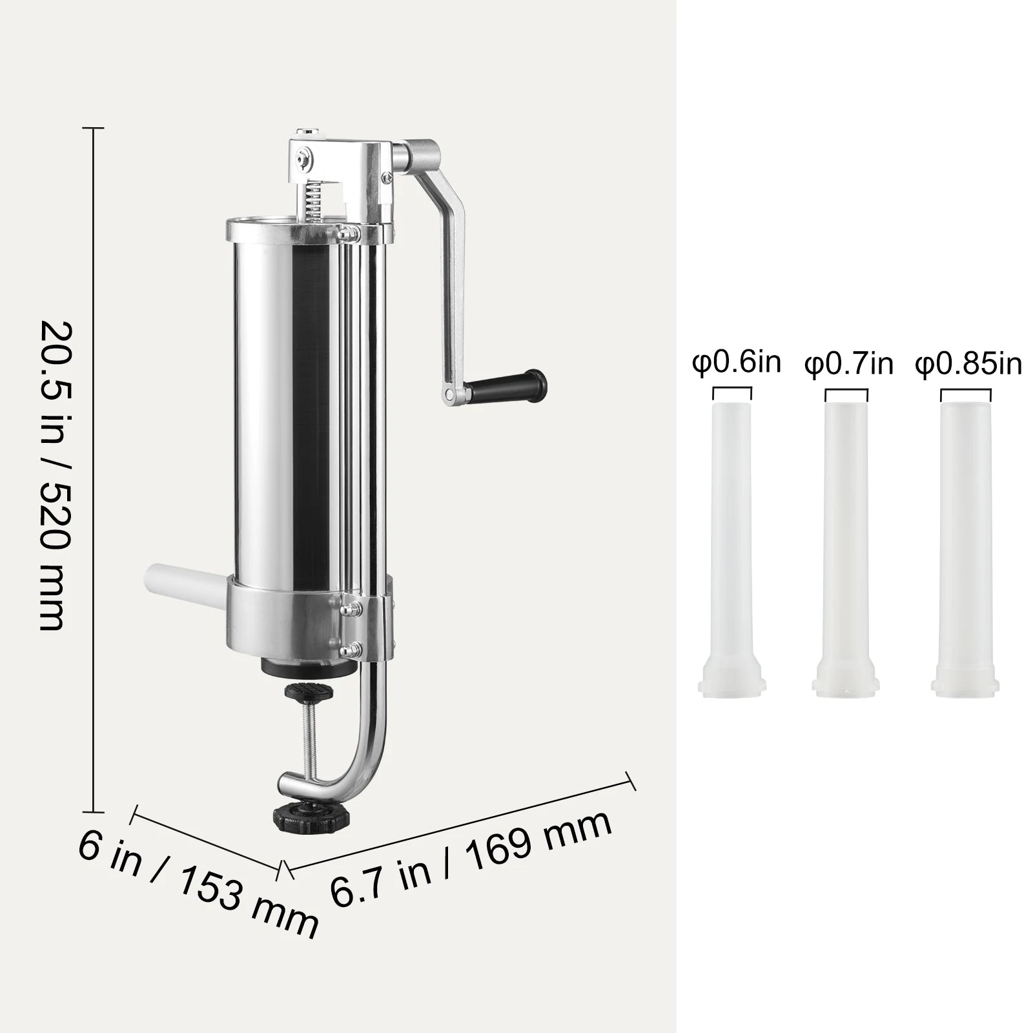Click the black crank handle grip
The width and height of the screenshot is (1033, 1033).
point(507,384)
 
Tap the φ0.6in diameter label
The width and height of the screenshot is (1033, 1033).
point(737,363)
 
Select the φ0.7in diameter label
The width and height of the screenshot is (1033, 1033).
point(848,365)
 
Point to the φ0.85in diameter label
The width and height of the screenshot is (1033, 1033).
point(968,365)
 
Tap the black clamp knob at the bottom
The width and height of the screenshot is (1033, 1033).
point(302,817)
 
